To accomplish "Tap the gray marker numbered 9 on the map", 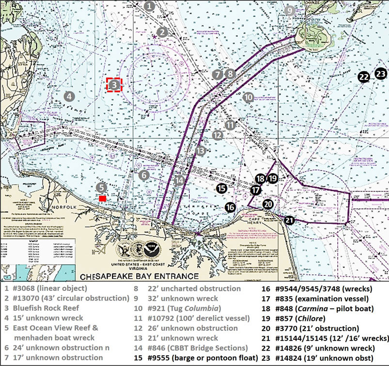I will tap(289, 10).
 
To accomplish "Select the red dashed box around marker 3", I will tap(114, 85).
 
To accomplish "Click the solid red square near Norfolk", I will tap(102, 199).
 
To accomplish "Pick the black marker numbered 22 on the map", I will tap(363, 77).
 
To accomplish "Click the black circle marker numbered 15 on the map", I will tap(221, 188).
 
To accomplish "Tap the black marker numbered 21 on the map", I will tap(289, 220).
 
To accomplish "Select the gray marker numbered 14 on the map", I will tap(180, 180).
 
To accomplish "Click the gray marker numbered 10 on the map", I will tap(248, 97).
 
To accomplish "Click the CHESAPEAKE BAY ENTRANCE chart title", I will tap(140, 276).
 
